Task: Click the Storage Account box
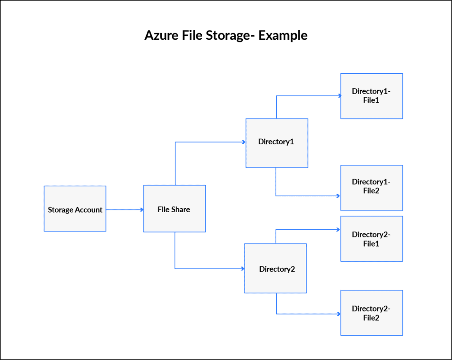click(75, 209)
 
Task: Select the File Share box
click(174, 209)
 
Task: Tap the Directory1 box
click(277, 143)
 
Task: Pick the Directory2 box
click(276, 268)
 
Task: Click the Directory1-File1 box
click(372, 96)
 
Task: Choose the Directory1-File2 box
click(372, 188)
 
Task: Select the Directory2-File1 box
click(372, 239)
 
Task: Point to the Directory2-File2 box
click(372, 313)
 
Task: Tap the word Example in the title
click(283, 35)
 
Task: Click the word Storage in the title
click(228, 35)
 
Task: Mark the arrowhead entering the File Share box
click(141, 210)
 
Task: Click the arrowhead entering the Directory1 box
click(243, 142)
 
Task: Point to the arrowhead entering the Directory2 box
click(242, 269)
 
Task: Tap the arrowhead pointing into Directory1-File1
click(339, 96)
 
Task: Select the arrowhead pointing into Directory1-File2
click(339, 196)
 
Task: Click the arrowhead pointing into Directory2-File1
click(339, 229)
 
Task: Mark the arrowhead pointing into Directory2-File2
click(339, 314)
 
